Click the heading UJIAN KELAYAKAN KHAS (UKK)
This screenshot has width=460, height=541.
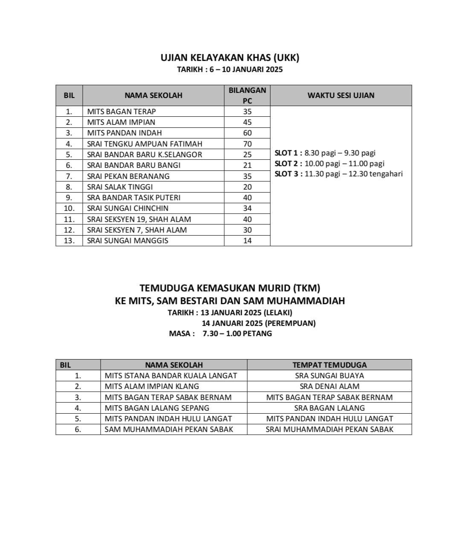coord(230,58)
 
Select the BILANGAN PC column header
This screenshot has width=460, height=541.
coord(247,95)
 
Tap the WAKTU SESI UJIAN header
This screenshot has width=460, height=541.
coord(341,95)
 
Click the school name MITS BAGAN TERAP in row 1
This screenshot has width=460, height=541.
coord(122,112)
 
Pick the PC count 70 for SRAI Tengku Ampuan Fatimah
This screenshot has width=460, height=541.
coord(247,144)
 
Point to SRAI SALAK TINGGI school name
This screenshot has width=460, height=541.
coord(120,187)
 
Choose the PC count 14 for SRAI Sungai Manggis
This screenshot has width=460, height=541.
coord(247,241)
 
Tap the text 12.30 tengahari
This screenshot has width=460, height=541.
coord(376,174)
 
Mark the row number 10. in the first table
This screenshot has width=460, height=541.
coord(69,208)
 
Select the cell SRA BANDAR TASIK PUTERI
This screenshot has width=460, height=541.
coord(133,198)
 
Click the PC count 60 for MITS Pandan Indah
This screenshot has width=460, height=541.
coord(247,133)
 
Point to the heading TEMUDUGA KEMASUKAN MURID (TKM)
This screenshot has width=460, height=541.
coord(230,288)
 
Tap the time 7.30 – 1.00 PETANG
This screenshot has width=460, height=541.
coord(237,334)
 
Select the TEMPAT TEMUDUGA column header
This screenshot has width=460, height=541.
coord(329,365)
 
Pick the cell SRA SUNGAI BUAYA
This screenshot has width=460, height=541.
coord(329,376)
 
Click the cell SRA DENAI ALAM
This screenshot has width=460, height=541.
coord(329,386)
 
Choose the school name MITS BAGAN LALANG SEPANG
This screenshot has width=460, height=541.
coord(157,408)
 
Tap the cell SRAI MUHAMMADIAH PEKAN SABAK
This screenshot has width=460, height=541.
coord(329,429)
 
